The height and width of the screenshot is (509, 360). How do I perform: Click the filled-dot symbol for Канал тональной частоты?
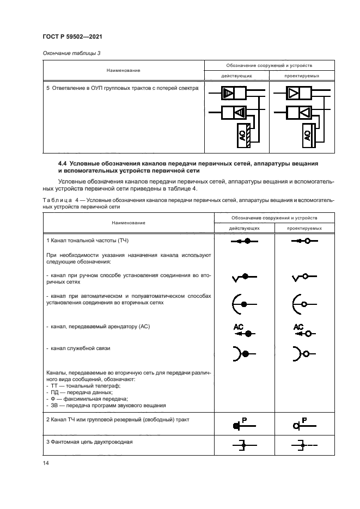[x=245, y=241]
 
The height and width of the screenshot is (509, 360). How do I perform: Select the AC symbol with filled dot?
[x=243, y=330]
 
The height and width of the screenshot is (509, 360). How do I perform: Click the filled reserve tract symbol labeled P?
[x=240, y=424]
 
